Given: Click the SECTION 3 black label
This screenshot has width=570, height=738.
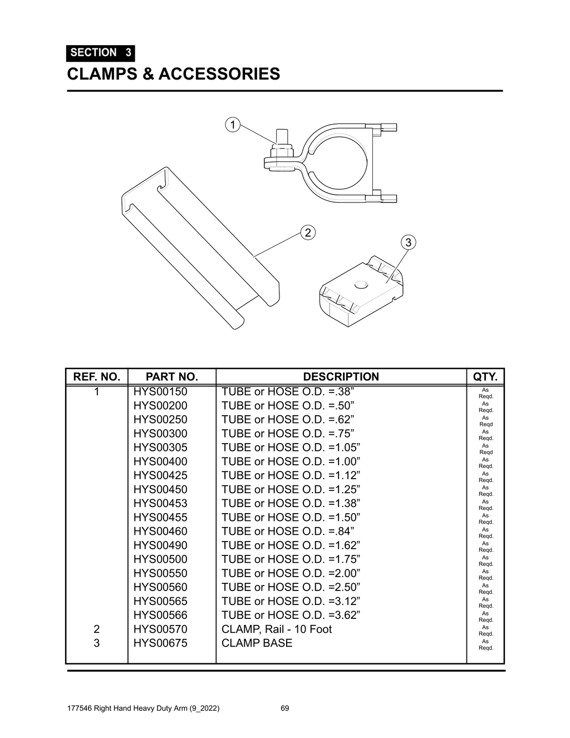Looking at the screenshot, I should tap(100, 53).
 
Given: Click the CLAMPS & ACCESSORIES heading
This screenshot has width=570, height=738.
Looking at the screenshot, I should tap(173, 73).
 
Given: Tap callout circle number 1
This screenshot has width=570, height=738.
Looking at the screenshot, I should tap(232, 125).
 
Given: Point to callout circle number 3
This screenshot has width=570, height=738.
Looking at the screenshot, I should tap(408, 243).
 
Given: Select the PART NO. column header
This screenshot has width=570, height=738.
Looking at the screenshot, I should tap(171, 377).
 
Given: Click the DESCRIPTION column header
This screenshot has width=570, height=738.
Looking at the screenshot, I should tap(341, 377).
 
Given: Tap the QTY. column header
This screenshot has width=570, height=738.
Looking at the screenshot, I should tap(485, 377).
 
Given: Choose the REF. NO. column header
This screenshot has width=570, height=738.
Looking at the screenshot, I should tap(97, 377).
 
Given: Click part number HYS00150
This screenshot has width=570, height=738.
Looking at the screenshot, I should tap(160, 392).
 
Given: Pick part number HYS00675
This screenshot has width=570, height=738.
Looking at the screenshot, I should tap(160, 643).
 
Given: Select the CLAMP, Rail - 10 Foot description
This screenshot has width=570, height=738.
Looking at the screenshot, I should tap(276, 629).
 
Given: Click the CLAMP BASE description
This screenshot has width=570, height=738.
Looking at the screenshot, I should tap(257, 643).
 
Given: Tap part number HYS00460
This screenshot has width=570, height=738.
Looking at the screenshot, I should tap(160, 532).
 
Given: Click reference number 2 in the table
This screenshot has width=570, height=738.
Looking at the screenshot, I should tap(97, 629).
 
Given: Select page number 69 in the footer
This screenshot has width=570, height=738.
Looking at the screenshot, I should tap(284, 709).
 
